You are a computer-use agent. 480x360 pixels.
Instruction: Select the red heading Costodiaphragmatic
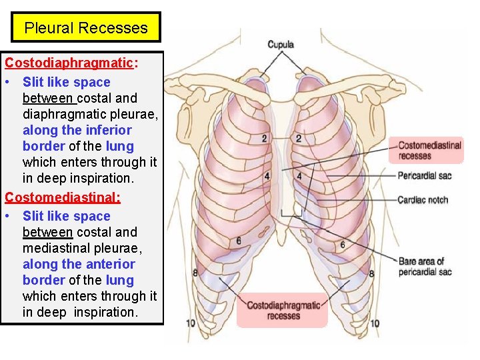[x=69, y=63]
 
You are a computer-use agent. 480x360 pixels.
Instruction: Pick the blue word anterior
[x=106, y=264]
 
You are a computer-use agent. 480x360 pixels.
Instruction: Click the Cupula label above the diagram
[x=280, y=45]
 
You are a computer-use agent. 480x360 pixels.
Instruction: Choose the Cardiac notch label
[x=423, y=200]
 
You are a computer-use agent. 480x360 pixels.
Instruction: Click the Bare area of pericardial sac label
[x=425, y=267]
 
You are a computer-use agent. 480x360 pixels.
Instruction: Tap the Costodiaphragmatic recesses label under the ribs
[x=283, y=310]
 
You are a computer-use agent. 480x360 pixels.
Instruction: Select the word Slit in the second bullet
[x=35, y=216]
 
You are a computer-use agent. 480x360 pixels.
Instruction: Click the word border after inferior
[x=44, y=146]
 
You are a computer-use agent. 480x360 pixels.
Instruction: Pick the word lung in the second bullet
[x=119, y=280]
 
